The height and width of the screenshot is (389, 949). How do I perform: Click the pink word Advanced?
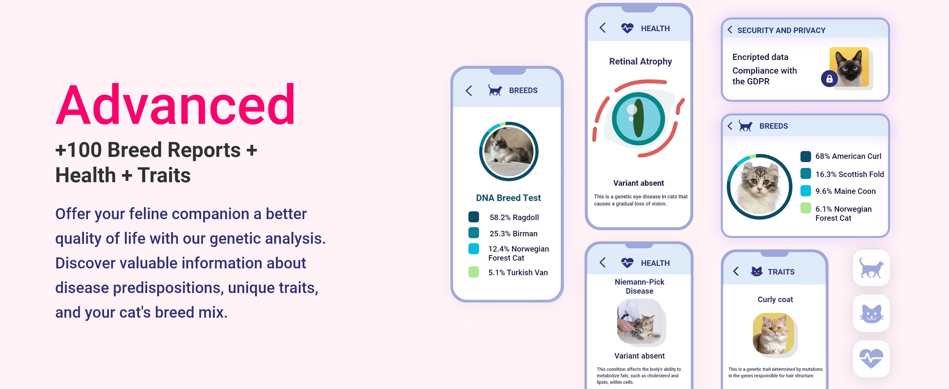click(175, 105)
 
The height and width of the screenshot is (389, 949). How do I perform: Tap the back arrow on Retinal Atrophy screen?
click(603, 28)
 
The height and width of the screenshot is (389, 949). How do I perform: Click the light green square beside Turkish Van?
click(474, 272)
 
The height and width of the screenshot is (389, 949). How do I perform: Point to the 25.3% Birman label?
click(513, 233)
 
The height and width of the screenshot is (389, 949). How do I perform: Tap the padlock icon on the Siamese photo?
click(829, 78)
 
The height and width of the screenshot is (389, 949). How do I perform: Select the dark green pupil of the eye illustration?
click(638, 119)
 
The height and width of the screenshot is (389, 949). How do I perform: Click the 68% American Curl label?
click(848, 156)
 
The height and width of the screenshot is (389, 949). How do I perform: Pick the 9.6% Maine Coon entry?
click(845, 191)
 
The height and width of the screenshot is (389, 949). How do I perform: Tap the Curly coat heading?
click(775, 300)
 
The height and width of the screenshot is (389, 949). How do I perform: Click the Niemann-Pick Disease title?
click(639, 286)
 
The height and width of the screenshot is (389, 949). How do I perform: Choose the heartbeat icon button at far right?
click(871, 359)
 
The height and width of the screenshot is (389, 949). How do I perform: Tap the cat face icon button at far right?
click(871, 313)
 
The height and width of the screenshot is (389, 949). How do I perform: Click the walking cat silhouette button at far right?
click(871, 268)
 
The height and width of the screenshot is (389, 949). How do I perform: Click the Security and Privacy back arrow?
click(730, 30)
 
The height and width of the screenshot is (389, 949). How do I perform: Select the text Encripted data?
click(760, 57)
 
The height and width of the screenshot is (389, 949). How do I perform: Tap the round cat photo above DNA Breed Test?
click(509, 151)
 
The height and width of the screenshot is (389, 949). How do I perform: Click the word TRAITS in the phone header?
click(781, 272)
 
